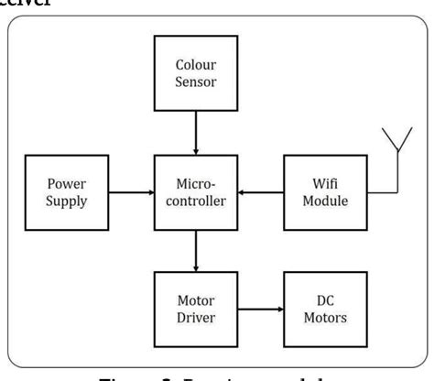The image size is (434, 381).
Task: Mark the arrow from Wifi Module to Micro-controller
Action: tap(260, 192)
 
